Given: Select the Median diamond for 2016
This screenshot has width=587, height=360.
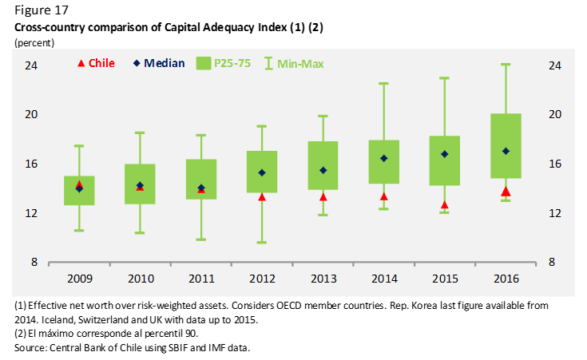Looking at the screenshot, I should click(x=506, y=151).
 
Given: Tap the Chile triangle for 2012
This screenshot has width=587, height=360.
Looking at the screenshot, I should click(x=262, y=196).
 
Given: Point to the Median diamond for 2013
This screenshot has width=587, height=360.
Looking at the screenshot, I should click(x=323, y=170).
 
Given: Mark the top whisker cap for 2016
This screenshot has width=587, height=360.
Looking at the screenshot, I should click(x=506, y=65).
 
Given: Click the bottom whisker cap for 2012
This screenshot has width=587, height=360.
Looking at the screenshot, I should click(x=262, y=242).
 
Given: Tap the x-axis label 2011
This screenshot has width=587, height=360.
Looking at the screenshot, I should click(x=200, y=279).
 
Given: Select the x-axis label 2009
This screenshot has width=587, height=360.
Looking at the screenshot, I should click(x=79, y=279).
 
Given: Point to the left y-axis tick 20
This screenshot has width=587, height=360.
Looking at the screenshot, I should click(x=30, y=114).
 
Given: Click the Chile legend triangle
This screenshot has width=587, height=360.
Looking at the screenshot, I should click(x=79, y=63).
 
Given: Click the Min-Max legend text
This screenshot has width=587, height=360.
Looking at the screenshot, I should click(x=301, y=63).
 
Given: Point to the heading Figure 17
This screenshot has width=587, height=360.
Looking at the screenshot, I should click(x=41, y=11).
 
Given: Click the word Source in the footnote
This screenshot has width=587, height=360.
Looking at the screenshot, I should click(x=30, y=347).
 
